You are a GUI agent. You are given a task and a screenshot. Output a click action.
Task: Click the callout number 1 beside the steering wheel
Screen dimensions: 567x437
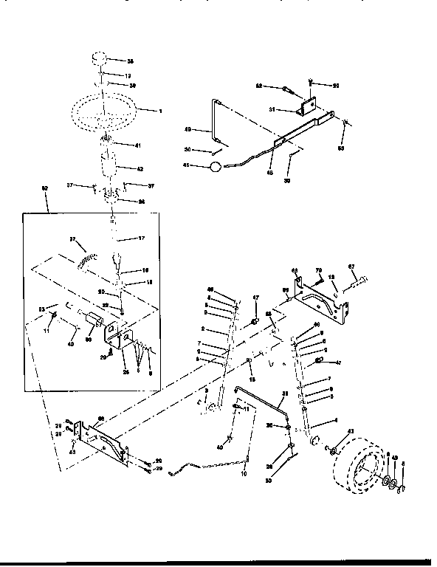(159, 111)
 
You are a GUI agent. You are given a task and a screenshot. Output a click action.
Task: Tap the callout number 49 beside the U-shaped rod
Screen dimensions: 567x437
(187, 129)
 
